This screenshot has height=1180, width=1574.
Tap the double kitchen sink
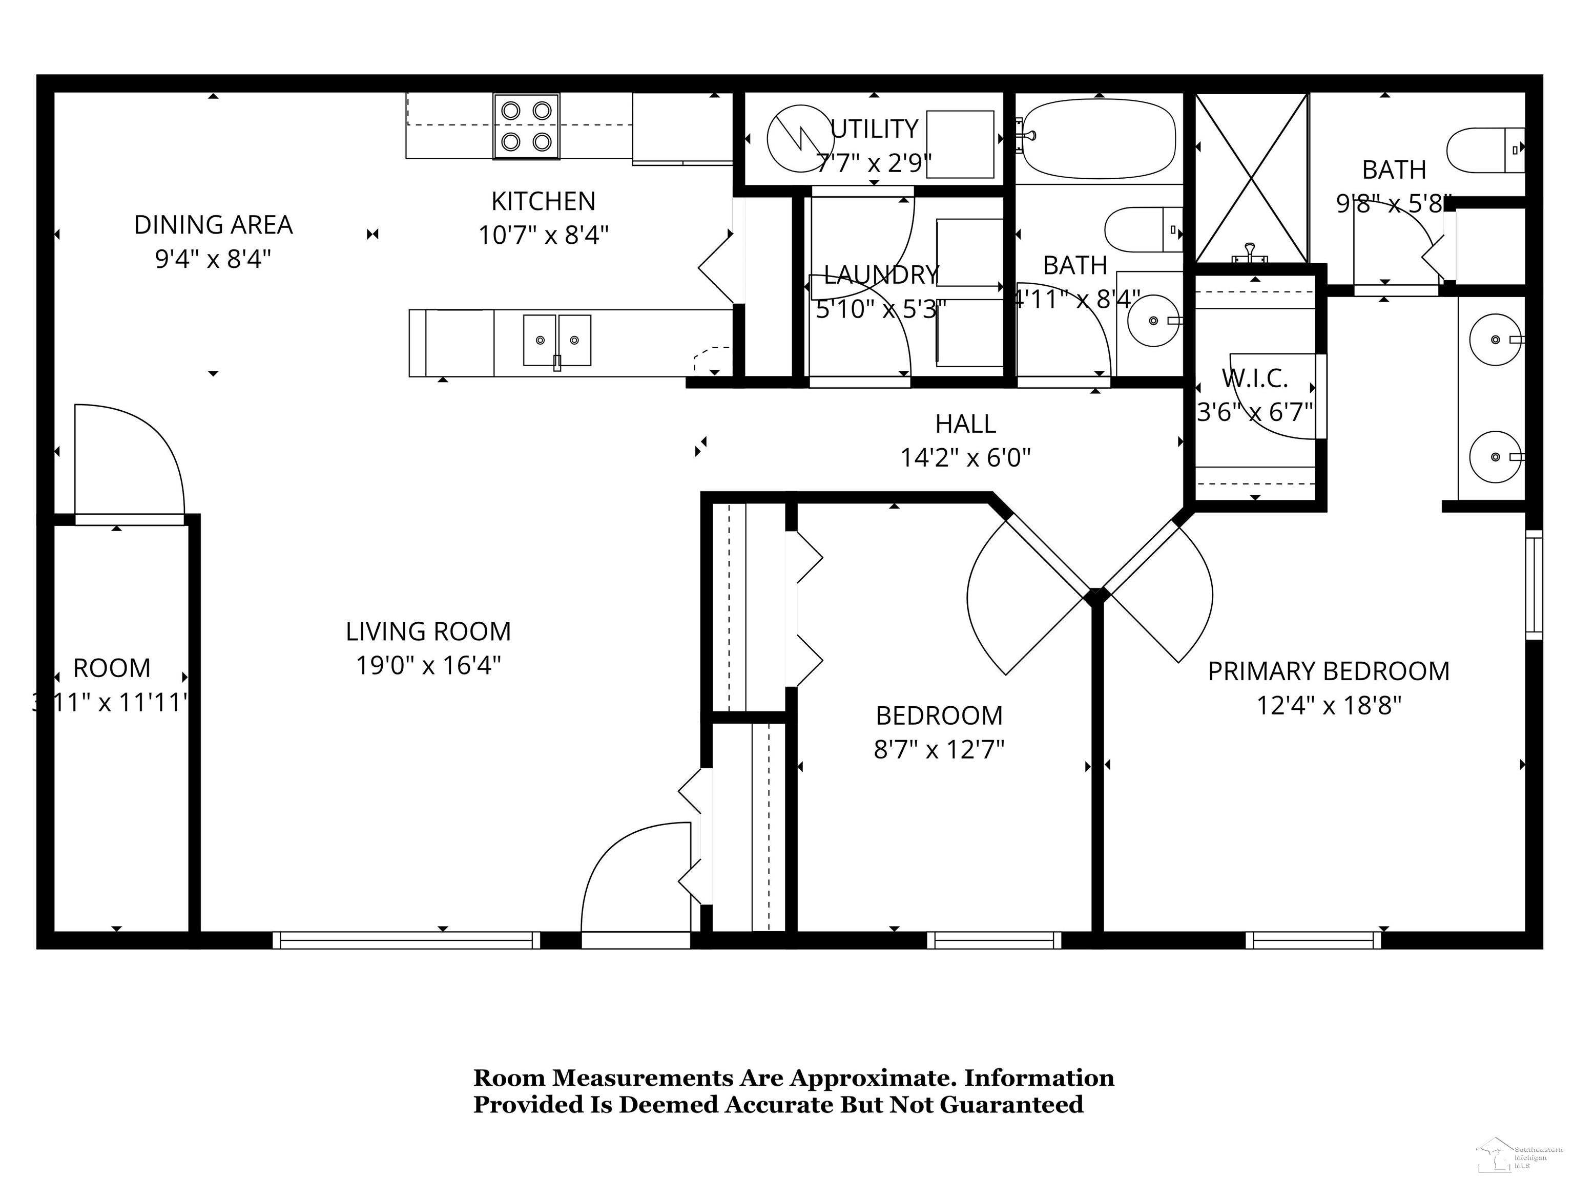coord(556,340)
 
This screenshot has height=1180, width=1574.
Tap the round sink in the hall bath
coord(1153,321)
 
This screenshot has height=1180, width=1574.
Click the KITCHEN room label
coord(543,201)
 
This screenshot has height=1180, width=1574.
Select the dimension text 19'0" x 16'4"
coord(428,666)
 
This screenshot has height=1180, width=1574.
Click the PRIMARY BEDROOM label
coord(1328,671)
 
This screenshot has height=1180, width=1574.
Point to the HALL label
coord(965,424)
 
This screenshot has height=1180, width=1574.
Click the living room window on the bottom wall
coord(406,940)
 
